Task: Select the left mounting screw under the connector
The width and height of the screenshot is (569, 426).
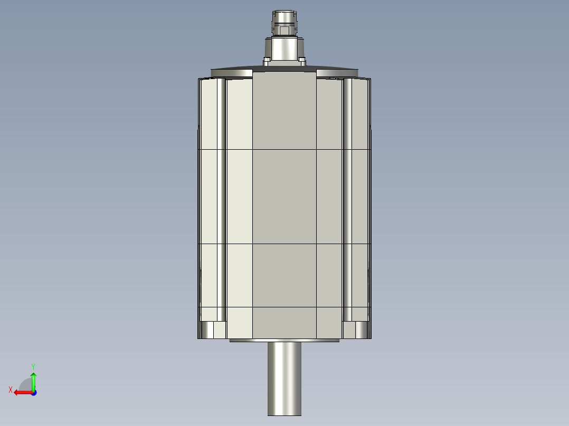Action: pyautogui.click(x=267, y=61)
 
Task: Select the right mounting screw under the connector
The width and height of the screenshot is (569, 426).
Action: pyautogui.click(x=302, y=61)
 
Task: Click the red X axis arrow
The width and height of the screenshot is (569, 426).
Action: pyautogui.click(x=22, y=392)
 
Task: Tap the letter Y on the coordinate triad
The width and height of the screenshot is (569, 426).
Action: pyautogui.click(x=33, y=365)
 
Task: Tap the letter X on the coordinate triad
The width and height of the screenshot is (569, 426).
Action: pyautogui.click(x=11, y=390)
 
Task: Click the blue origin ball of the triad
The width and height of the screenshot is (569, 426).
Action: pyautogui.click(x=33, y=392)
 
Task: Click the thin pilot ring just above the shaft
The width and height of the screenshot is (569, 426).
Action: pyautogui.click(x=284, y=341)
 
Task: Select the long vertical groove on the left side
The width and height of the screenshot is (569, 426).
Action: pyautogui.click(x=221, y=200)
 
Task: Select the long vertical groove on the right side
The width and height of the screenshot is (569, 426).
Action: pyautogui.click(x=348, y=200)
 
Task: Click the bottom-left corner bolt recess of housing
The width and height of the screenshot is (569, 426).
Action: pyautogui.click(x=214, y=330)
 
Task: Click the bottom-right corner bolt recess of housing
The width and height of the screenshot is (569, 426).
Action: pyautogui.click(x=355, y=330)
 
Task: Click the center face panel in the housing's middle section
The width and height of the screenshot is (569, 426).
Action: pyautogui.click(x=284, y=197)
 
